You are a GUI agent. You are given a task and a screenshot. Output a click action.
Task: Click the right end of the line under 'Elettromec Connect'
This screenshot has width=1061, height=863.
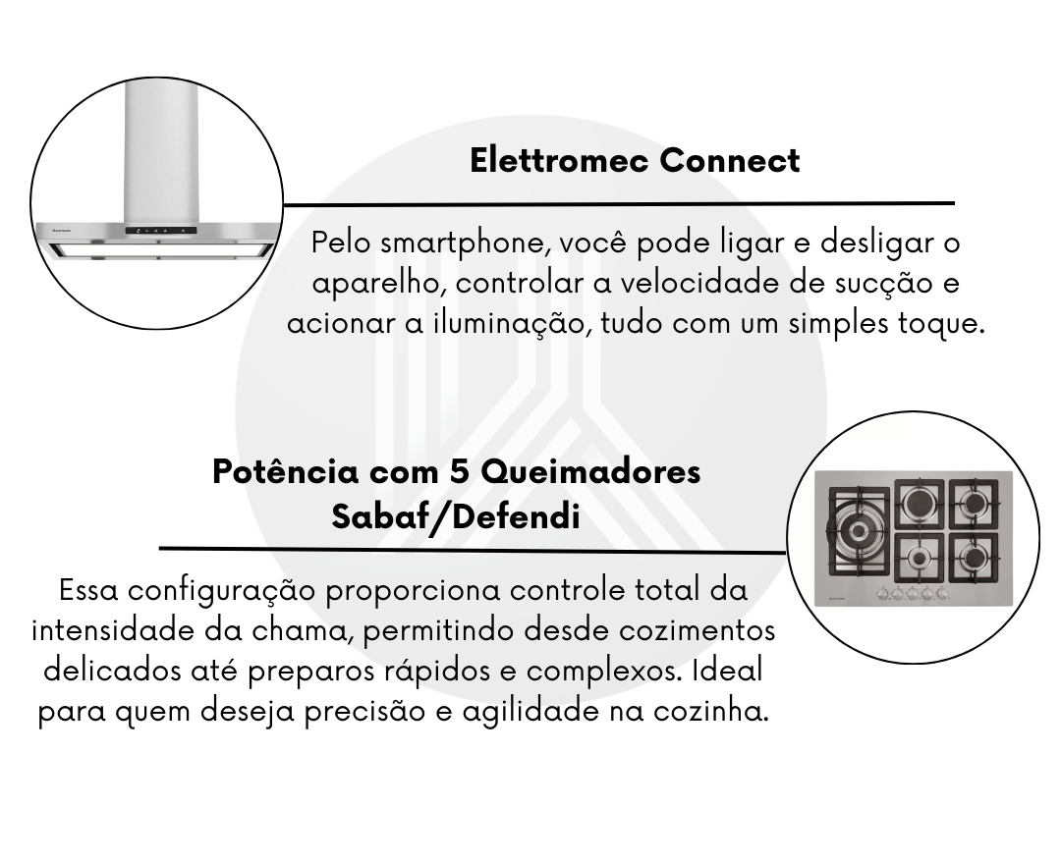[x=954, y=202]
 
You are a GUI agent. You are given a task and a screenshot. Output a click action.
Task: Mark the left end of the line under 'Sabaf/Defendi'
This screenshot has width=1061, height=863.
[x=160, y=548]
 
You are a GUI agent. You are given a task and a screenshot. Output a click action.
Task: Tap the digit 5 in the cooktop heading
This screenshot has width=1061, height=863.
[x=460, y=472]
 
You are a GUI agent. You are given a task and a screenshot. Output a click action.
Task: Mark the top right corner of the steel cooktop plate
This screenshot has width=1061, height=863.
[x=1012, y=472]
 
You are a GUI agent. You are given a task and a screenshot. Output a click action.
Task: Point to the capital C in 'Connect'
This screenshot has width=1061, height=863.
[x=671, y=161]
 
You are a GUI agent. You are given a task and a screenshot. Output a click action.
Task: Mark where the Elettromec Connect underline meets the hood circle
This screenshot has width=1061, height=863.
[x=283, y=204]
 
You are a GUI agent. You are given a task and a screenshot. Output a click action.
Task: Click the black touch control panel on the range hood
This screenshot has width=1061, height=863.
[x=161, y=231]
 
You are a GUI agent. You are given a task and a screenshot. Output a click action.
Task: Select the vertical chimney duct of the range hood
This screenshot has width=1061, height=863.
[x=161, y=152]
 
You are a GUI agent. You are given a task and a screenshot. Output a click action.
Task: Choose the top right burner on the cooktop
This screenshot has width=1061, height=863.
[x=975, y=504]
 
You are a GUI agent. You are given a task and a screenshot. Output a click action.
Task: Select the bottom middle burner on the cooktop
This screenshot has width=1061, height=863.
[x=919, y=558]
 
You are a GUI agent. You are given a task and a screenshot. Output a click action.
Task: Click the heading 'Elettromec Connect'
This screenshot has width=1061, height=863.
[x=635, y=161]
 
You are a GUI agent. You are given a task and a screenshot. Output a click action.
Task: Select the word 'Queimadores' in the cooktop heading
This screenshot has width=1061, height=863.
[x=590, y=472]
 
